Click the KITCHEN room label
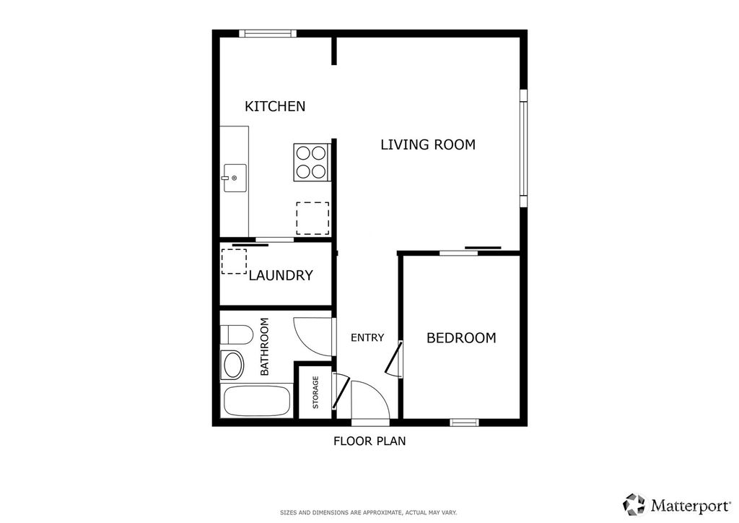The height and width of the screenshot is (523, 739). [275, 106]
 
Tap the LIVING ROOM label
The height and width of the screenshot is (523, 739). [428, 144]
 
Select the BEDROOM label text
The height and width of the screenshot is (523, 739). [461, 337]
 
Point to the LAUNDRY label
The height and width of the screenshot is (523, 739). [281, 275]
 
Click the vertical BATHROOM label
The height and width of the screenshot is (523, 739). [264, 347]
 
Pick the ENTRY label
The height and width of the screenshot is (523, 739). [367, 337]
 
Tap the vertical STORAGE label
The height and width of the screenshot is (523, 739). [315, 393]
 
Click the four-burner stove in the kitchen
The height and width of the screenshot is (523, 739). [312, 162]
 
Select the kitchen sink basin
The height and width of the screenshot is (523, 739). [235, 178]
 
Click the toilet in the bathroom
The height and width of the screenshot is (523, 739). [236, 334]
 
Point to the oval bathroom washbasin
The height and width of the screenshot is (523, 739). [233, 365]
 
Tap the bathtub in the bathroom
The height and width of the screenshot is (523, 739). [257, 400]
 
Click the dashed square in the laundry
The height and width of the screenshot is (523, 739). [234, 261]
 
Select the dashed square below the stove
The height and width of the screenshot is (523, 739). [312, 218]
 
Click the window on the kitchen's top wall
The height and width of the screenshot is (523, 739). [268, 33]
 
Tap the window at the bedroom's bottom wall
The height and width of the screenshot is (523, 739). [464, 422]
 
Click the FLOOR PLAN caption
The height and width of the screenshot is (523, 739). [369, 441]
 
